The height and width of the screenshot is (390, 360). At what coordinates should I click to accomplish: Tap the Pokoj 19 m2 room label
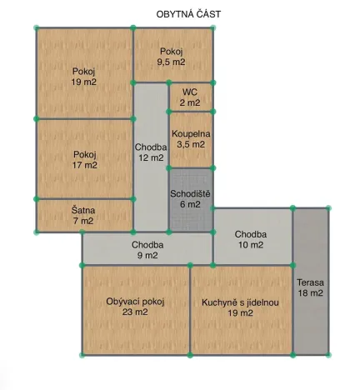tap(84, 77)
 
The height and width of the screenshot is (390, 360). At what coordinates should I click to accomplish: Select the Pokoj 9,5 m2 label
tap(172, 57)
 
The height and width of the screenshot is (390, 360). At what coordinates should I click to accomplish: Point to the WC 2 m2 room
tap(190, 97)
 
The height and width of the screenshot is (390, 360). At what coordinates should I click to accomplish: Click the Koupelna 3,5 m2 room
tap(190, 138)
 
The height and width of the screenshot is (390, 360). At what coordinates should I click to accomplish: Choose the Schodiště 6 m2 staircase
tap(191, 198)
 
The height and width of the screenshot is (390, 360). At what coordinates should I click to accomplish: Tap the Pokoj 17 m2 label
tap(84, 159)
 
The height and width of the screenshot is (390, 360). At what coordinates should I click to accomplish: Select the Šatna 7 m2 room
tap(83, 216)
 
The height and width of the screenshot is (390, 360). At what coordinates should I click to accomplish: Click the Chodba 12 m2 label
tap(150, 152)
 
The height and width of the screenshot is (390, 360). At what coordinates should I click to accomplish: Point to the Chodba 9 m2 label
tap(147, 250)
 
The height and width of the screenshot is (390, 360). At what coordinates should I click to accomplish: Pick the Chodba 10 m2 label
tap(250, 239)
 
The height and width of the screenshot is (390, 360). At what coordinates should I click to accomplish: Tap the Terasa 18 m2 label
tap(310, 287)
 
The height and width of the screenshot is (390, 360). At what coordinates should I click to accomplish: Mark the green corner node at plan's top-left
tap(36, 28)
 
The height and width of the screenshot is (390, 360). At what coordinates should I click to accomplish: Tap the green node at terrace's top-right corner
tap(327, 207)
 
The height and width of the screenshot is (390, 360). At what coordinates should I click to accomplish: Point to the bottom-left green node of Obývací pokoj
tap(82, 355)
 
